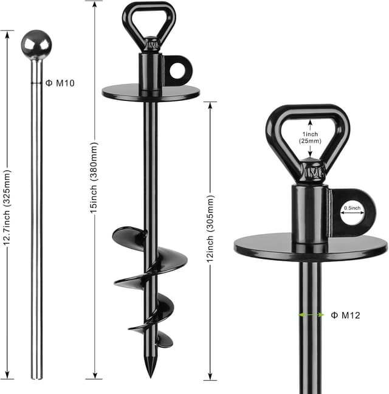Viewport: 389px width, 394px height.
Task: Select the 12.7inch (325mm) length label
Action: (x=7, y=207)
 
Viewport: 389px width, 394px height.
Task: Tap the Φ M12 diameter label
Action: (x=346, y=315)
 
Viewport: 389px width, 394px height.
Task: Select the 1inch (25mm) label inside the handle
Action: (x=311, y=137)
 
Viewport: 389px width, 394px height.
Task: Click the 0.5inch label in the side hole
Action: (x=352, y=208)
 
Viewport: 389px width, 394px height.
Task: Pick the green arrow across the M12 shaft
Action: (x=311, y=315)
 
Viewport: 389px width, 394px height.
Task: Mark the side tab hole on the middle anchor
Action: (x=177, y=72)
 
